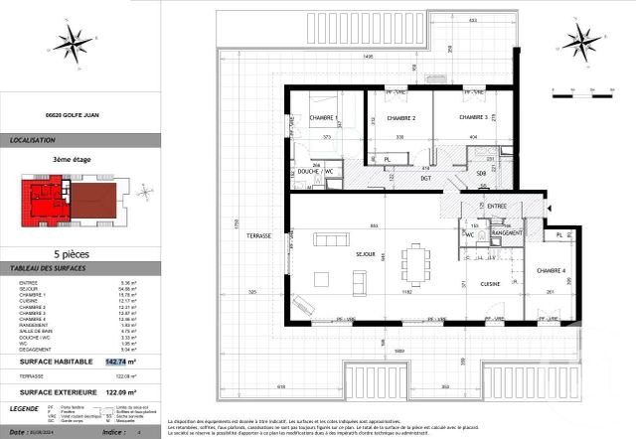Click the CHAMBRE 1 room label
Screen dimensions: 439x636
coord(323,118)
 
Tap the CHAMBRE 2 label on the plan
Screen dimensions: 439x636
coord(398,117)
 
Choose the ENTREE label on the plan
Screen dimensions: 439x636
coord(496,206)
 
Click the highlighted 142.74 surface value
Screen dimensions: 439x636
coord(117,363)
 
